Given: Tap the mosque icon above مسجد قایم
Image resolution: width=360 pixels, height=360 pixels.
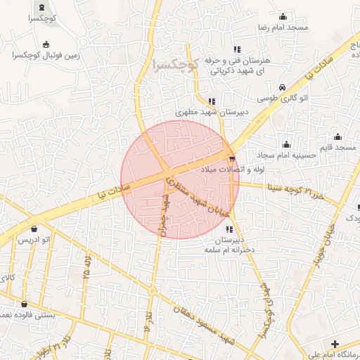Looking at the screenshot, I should coord(337,137).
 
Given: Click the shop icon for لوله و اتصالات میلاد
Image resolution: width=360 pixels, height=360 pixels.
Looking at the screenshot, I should coord(232,158).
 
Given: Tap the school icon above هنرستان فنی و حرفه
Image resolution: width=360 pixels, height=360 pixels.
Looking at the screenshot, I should coord(237,49).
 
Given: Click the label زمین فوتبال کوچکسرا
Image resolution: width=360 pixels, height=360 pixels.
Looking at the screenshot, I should coord(46,54).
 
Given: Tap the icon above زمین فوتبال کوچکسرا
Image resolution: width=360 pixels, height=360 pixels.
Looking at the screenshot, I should coord(46,44).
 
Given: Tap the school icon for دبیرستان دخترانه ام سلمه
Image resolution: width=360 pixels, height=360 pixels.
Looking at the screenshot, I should coord(229,229).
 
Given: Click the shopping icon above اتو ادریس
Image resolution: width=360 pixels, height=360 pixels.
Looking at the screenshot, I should coord(34,229).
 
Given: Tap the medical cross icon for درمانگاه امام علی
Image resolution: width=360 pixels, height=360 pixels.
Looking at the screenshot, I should coord(335,345).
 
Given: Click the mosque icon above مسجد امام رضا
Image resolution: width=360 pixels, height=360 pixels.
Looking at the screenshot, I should coord(283,15).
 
